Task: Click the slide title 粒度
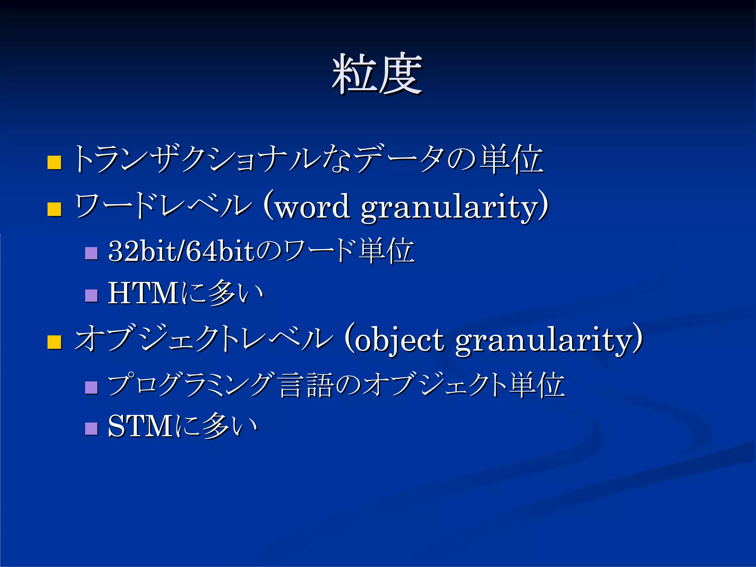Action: coord(377,74)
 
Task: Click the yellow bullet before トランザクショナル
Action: coord(54,162)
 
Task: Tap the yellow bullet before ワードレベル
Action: coord(54,209)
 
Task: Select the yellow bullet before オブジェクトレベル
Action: coord(54,342)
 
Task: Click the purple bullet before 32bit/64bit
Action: coord(91,253)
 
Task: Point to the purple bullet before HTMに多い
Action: coord(91,296)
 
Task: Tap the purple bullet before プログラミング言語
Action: coord(91,387)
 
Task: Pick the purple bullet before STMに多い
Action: coord(91,429)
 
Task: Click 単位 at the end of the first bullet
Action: coord(512,159)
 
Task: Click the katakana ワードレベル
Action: coord(162,206)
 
